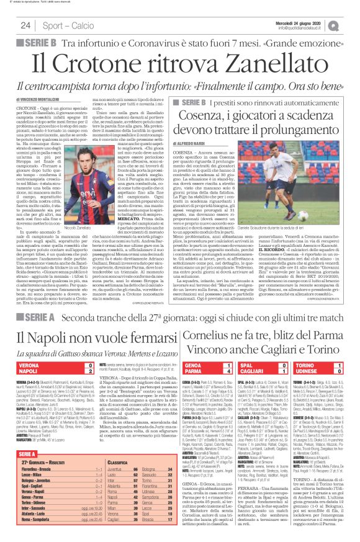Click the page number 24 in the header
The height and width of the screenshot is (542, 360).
[26, 25]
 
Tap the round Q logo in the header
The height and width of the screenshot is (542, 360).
[351, 25]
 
